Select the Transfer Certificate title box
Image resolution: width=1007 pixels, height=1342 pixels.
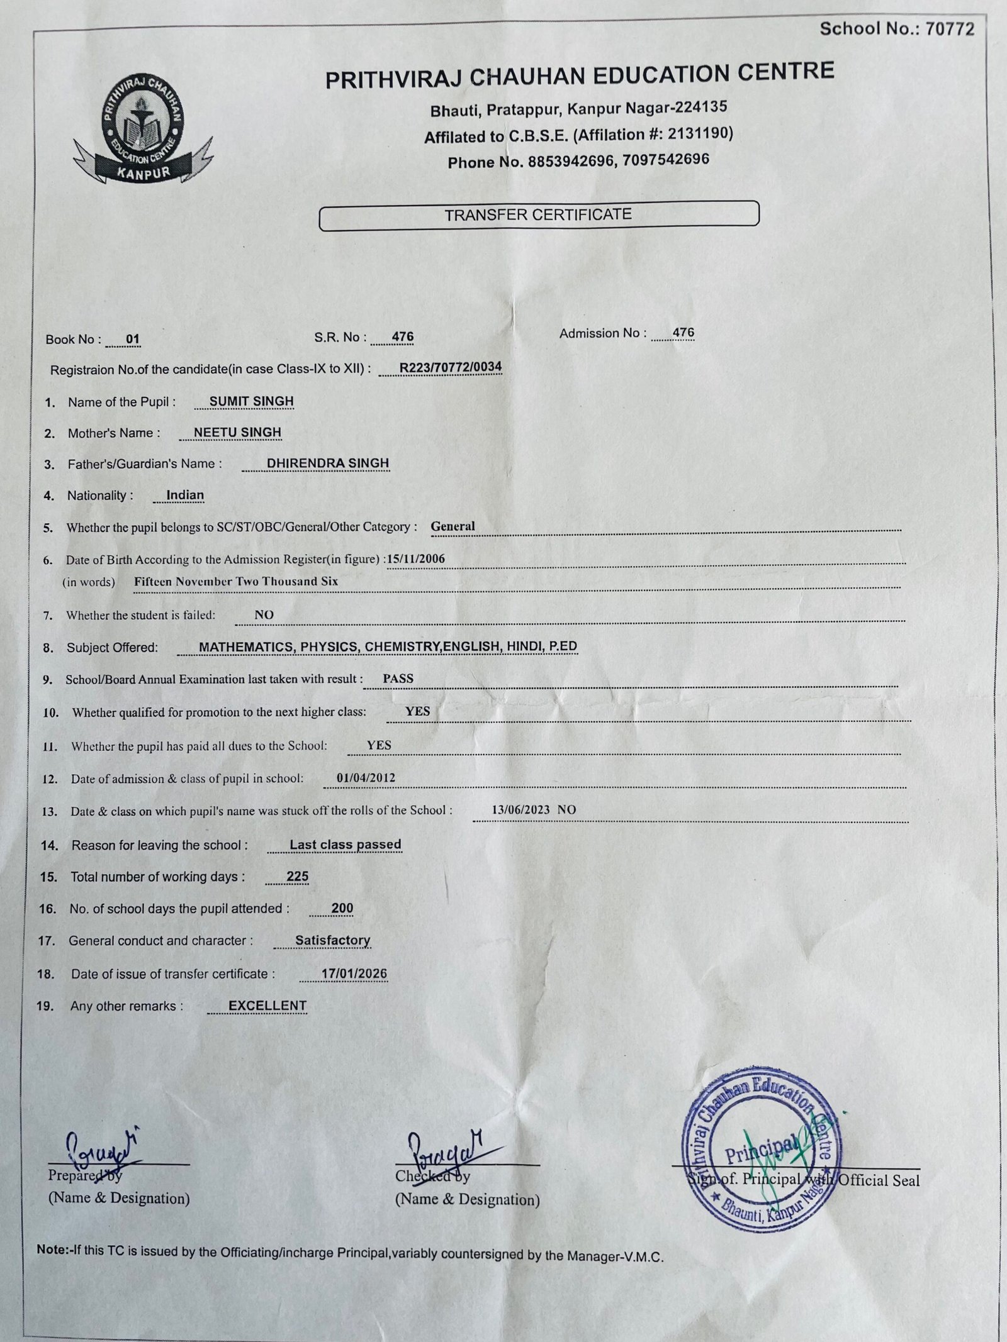coord(539,215)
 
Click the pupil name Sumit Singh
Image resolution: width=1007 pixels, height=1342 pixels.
coord(251,401)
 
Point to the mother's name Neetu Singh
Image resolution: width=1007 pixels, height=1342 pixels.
coord(237,433)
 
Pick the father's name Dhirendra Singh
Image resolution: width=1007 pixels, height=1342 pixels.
coord(328,463)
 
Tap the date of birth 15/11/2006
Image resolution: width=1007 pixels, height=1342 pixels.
coord(417,558)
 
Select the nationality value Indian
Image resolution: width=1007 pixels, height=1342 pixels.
coord(185,495)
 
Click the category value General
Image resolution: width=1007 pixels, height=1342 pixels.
coord(453,526)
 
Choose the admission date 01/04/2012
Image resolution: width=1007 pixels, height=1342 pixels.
coord(366,778)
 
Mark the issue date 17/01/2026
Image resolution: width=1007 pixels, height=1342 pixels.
coord(354,974)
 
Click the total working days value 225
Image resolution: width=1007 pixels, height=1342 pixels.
coord(297,877)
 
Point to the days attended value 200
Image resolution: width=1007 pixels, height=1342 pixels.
coord(342,908)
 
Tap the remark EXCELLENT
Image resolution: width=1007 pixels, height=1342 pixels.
coord(267,1006)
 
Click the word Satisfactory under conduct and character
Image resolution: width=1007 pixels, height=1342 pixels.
coord(332,941)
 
